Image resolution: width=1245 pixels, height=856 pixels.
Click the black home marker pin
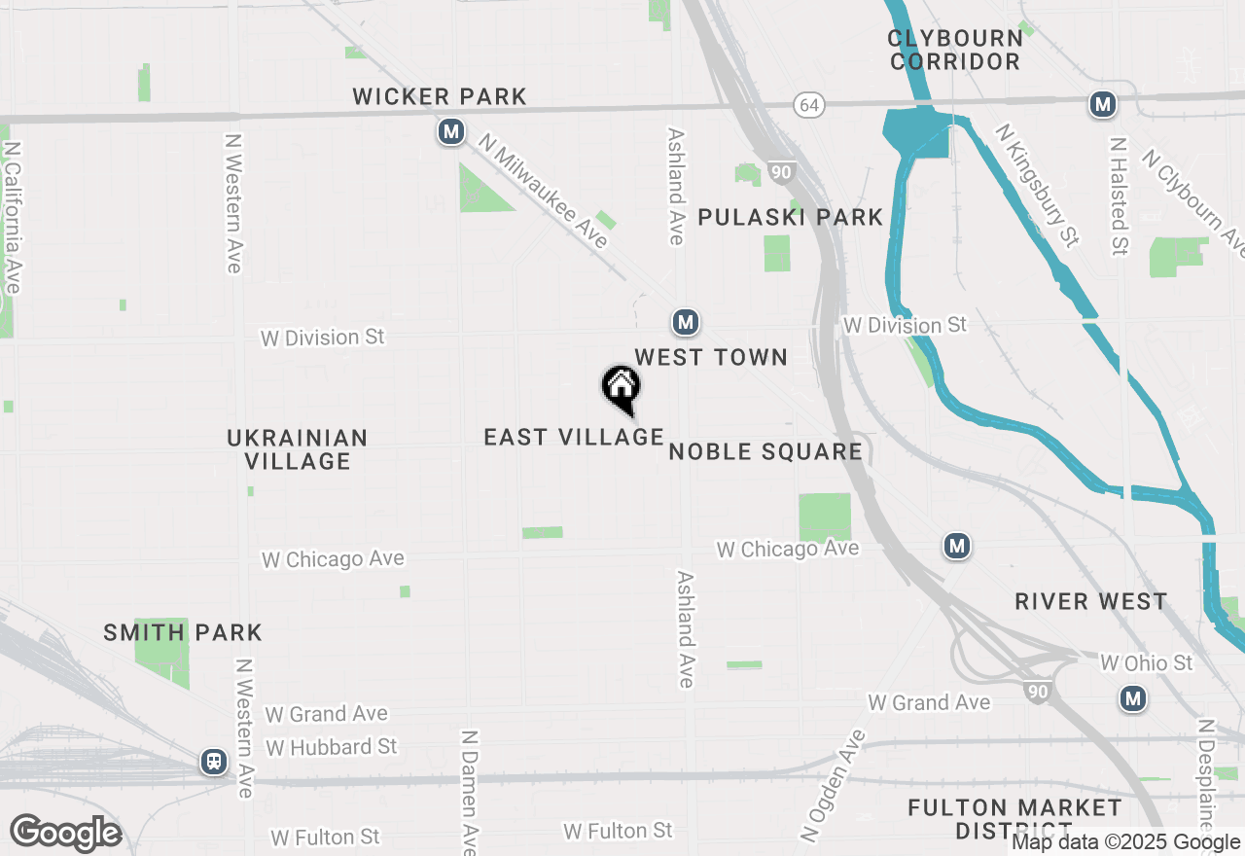click(621, 388)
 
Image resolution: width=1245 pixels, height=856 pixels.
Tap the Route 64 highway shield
click(808, 104)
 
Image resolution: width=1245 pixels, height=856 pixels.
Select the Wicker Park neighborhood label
click(440, 96)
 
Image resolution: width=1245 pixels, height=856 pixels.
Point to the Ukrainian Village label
click(298, 449)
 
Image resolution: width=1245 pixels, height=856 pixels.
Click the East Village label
click(574, 437)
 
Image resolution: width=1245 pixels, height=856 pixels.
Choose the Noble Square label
click(765, 451)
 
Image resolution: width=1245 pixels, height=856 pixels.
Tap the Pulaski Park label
click(791, 217)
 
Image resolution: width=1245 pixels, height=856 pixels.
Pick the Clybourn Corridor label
click(955, 50)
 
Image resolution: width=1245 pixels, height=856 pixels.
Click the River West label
click(1090, 601)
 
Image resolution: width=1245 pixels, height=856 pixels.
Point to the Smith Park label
click(183, 632)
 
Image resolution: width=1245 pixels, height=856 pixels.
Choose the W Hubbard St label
click(332, 747)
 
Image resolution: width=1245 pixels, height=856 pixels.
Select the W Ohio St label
click(1146, 663)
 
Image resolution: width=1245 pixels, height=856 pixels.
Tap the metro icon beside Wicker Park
click(450, 131)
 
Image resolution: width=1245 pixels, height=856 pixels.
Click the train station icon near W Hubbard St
click(214, 762)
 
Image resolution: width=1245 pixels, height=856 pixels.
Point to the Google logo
click(65, 834)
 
